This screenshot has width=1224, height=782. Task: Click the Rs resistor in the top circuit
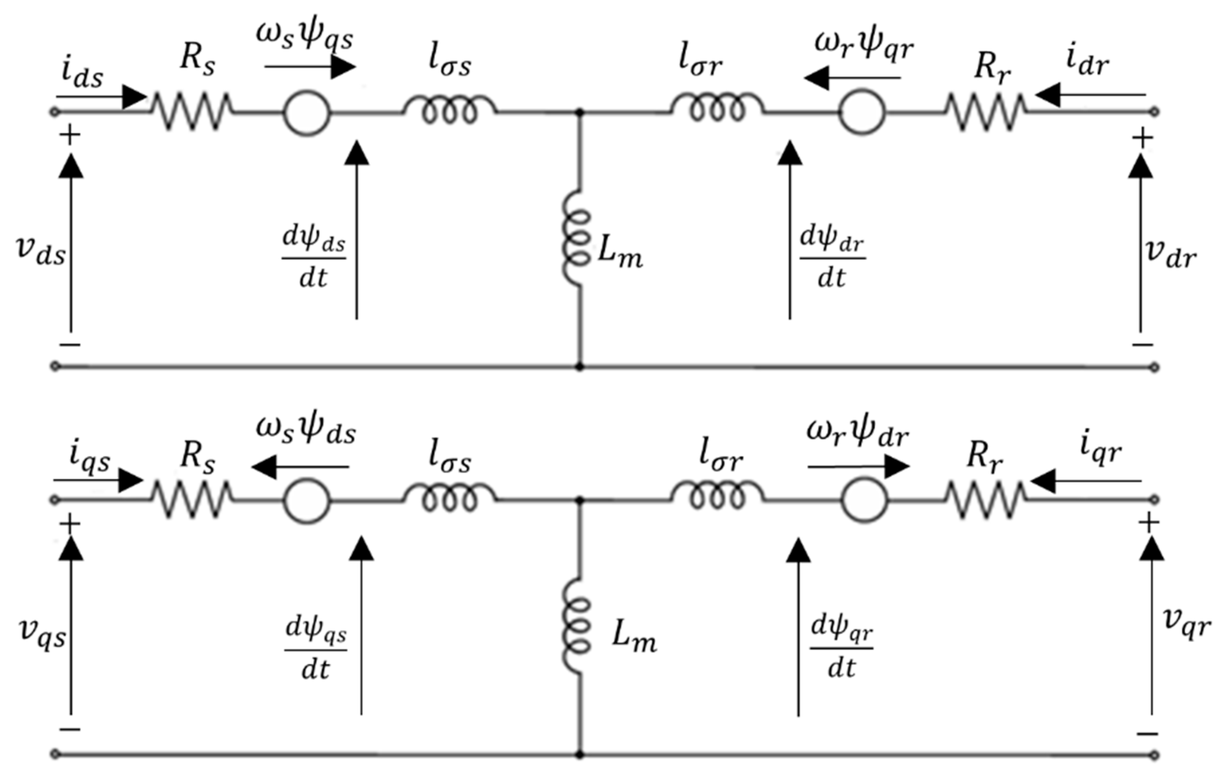tap(192, 111)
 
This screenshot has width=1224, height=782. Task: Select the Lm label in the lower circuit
tap(634, 637)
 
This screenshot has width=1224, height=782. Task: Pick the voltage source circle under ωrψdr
tap(864, 500)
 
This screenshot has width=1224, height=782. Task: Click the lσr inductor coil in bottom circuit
tap(717, 497)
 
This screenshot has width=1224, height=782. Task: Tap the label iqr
tap(1100, 451)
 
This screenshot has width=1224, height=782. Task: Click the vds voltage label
tap(41, 252)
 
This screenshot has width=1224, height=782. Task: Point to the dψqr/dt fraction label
tap(841, 648)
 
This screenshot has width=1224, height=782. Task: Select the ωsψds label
tap(306, 433)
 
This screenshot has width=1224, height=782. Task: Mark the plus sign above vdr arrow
tap(1142, 138)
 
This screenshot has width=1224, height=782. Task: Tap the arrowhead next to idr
tap(1047, 95)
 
